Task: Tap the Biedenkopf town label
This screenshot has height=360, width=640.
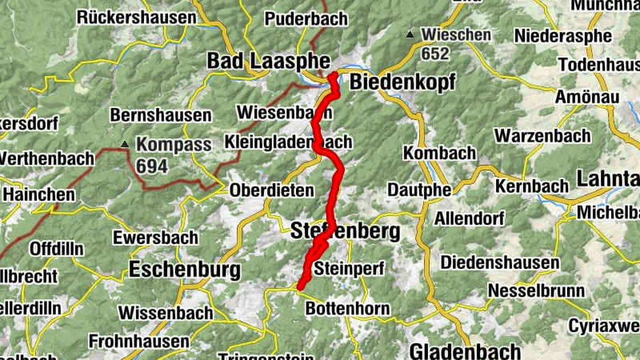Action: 402,82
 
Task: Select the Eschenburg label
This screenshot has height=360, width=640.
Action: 185,270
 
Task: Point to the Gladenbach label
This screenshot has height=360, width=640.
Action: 465,350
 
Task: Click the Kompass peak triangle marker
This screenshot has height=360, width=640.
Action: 125,144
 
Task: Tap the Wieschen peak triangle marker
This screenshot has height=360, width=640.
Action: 410,34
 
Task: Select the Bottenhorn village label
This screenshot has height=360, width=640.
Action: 348,309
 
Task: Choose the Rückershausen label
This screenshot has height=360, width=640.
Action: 137,17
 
